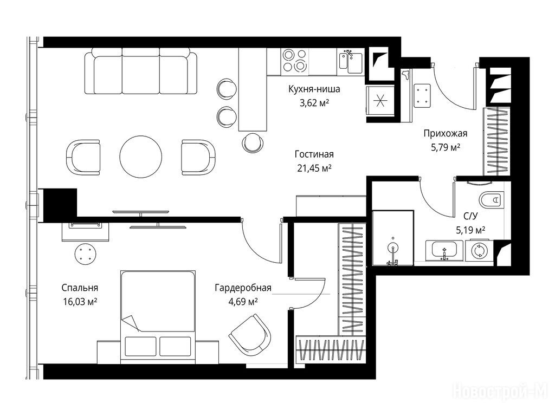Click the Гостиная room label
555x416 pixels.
coord(314,154)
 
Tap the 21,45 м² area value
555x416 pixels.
coord(314,168)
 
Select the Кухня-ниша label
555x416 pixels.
coord(314,89)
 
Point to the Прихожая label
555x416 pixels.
coord(446,134)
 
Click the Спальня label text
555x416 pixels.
coord(80,288)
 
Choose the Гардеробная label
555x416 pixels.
coord(243,288)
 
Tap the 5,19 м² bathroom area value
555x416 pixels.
coord(470,231)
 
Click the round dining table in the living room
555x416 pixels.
coord(141,157)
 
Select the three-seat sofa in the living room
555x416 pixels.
coord(141,71)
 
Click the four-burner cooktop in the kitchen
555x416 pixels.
coord(294,61)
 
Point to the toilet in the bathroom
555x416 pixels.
coord(491,200)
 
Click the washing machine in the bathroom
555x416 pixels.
coord(479,251)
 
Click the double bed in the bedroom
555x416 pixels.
coord(158,317)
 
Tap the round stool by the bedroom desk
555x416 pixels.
coord(85,254)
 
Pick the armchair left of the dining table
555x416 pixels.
coord(83,157)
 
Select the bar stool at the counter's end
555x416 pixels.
coord(253,142)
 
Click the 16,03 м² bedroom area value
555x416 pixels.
coord(80,302)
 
